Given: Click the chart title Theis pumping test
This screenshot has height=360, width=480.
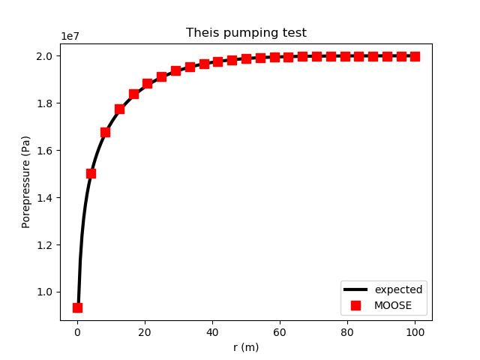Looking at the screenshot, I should click(x=246, y=33).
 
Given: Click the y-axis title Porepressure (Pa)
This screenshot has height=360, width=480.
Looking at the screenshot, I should click(x=26, y=182).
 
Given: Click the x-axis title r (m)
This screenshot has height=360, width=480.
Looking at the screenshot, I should click(x=246, y=347).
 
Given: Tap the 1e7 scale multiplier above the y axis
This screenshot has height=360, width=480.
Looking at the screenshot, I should click(x=70, y=37).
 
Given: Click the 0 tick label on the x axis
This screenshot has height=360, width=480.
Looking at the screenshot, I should click(x=77, y=332).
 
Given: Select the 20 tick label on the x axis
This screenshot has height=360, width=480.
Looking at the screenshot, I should click(x=145, y=332).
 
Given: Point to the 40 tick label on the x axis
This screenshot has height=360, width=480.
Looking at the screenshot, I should click(x=212, y=332).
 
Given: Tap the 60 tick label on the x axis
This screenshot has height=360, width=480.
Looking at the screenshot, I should click(x=280, y=332).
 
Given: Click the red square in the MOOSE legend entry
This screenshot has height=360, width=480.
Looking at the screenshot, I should click(x=355, y=305).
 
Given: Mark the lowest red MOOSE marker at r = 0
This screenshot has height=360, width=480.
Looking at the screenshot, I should click(x=77, y=307).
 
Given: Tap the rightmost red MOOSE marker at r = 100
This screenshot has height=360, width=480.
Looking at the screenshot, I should click(x=415, y=56).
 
